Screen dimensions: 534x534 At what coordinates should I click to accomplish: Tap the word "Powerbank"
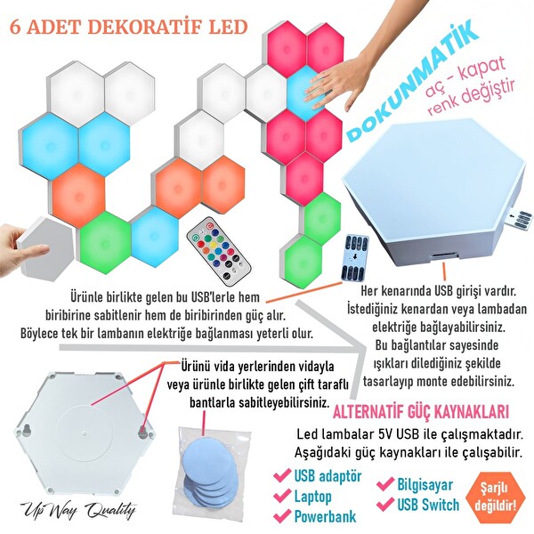(x=326, y=515)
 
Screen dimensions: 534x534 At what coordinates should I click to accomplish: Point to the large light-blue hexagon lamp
(x=432, y=191)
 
